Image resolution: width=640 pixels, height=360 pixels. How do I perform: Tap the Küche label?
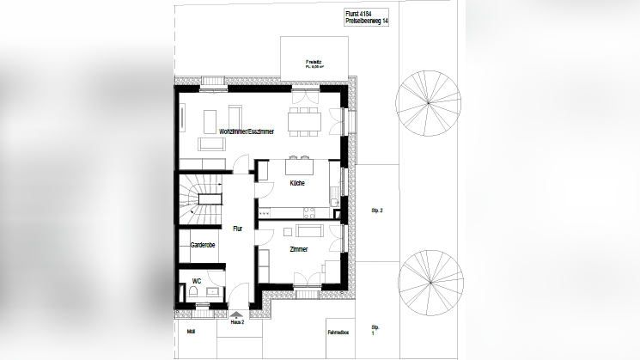[296, 182]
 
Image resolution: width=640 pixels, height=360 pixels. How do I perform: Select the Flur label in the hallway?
[238, 229]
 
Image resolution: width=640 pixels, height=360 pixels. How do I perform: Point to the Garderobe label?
[202, 246]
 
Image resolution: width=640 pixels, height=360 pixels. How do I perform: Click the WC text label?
[197, 281]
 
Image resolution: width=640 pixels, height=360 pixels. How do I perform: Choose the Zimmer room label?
[299, 250]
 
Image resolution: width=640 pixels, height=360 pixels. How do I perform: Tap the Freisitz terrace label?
[313, 63]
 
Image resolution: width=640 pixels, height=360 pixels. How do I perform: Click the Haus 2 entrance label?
[237, 322]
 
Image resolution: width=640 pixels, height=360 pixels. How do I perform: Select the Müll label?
[190, 329]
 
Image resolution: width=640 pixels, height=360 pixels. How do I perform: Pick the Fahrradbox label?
[337, 332]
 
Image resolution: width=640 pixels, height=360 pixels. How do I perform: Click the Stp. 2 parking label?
[375, 211]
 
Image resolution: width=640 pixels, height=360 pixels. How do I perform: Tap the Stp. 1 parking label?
[375, 331]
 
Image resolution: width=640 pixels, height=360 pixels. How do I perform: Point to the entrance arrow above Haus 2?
[237, 314]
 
